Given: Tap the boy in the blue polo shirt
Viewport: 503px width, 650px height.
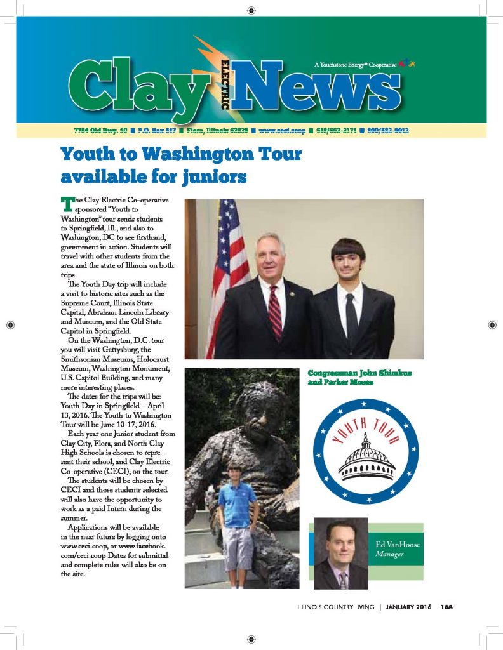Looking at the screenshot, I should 237,508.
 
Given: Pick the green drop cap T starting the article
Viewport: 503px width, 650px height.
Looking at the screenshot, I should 67,203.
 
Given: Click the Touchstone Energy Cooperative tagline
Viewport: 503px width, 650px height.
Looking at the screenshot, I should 355,65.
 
